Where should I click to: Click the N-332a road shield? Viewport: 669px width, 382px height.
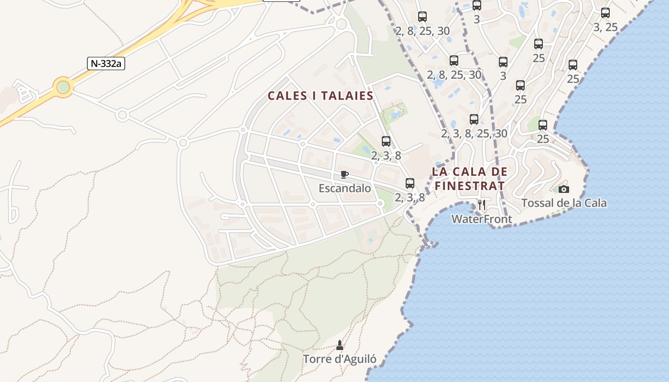[x=106, y=64]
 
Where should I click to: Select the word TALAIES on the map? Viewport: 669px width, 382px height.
[x=347, y=95]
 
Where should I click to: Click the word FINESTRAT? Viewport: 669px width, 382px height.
[x=469, y=185]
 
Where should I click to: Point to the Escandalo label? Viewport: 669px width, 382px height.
[x=345, y=188]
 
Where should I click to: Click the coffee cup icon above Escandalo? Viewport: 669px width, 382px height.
[x=345, y=174]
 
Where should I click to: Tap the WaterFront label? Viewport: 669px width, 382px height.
[x=482, y=219]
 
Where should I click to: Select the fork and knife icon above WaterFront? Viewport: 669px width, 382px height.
[x=482, y=205]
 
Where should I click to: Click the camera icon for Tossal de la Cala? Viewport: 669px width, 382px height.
[x=564, y=189]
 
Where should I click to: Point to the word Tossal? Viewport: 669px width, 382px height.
[x=537, y=203]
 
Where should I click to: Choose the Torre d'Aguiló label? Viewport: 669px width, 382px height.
[x=340, y=359]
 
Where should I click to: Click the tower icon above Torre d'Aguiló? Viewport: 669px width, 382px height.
[x=340, y=345]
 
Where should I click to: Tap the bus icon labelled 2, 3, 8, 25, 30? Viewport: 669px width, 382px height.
[x=474, y=119]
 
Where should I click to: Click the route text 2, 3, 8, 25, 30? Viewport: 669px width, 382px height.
[x=474, y=133]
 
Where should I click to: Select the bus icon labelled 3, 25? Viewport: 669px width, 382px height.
[x=605, y=13]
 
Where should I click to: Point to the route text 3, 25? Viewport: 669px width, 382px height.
[x=605, y=27]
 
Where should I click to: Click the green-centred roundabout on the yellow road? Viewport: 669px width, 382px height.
[x=63, y=87]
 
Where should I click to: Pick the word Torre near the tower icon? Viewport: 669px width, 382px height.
[x=316, y=359]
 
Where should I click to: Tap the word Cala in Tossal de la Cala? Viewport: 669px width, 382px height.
[x=595, y=203]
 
